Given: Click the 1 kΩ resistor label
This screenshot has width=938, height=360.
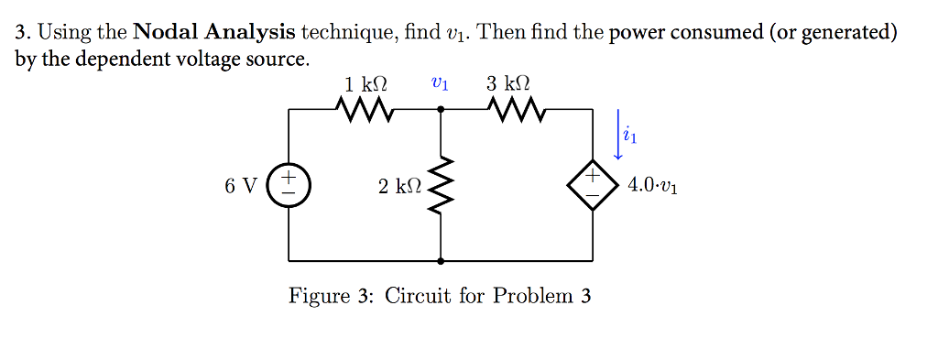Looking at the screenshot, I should [365, 84].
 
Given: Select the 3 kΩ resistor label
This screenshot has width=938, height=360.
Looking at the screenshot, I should [508, 84].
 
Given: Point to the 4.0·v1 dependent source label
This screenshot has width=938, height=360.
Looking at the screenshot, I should [653, 186].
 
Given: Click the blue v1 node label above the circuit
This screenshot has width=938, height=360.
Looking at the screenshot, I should [440, 84].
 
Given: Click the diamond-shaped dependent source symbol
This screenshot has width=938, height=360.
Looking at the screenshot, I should [593, 186].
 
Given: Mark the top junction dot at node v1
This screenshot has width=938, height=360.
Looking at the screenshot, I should [442, 109].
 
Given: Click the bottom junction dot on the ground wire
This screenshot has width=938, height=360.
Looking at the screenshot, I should [442, 261].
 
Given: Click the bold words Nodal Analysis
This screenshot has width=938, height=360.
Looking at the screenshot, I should [213, 33].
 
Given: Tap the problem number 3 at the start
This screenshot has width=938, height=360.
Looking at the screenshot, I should [19, 33].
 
